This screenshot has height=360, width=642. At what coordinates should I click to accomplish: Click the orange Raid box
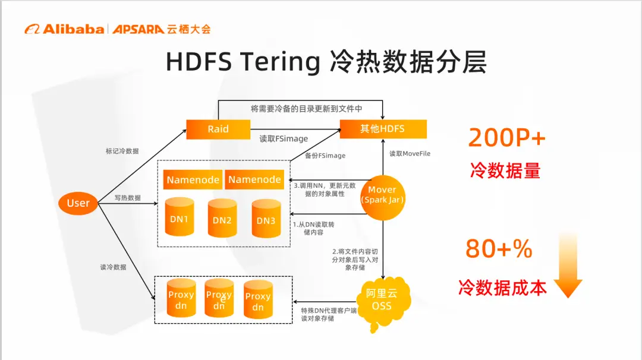(218, 129)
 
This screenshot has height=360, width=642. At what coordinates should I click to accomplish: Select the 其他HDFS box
(382, 129)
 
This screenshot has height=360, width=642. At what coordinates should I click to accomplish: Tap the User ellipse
(78, 203)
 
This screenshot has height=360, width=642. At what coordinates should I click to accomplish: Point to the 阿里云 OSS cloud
(382, 299)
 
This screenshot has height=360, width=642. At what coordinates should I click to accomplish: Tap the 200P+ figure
(506, 137)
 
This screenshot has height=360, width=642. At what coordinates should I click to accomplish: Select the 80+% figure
(499, 249)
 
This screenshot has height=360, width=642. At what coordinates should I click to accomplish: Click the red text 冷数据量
(505, 170)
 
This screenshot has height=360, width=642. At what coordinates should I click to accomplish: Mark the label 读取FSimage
(284, 139)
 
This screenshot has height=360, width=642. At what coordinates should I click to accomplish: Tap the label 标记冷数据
(122, 151)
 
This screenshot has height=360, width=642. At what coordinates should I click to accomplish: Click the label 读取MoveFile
(410, 154)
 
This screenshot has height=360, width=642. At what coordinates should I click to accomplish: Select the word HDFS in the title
(199, 62)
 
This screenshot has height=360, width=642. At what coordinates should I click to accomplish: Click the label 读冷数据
(113, 267)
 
